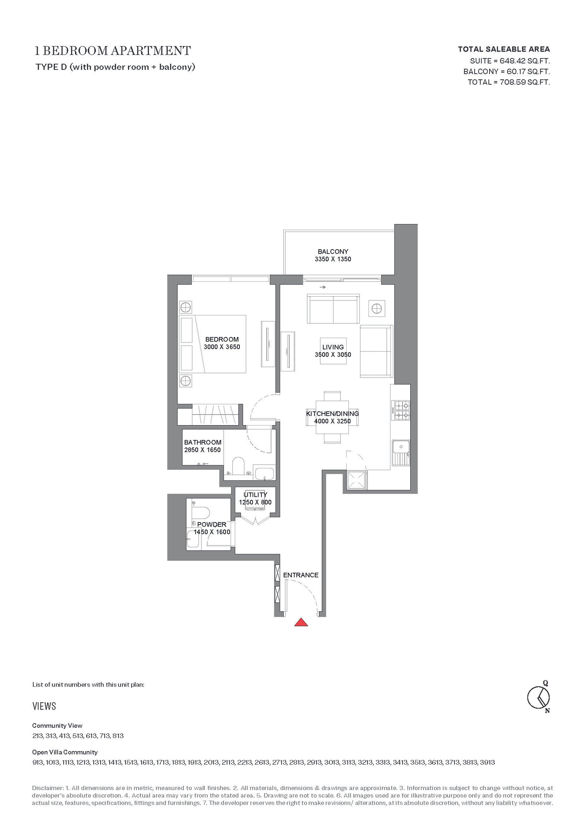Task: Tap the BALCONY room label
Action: tap(333, 251)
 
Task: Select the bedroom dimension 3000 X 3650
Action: tap(222, 347)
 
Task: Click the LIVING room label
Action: tap(333, 347)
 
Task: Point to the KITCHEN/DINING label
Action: tap(332, 413)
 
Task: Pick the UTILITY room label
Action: tap(255, 494)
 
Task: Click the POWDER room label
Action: tap(212, 524)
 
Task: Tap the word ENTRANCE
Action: tap(301, 575)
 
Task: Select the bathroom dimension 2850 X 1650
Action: tap(203, 450)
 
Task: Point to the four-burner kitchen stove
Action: tap(401, 410)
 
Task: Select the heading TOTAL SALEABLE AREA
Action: tap(504, 49)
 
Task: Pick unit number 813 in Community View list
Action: tap(118, 736)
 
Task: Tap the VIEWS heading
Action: tap(44, 706)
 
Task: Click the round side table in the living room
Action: tap(376, 309)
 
